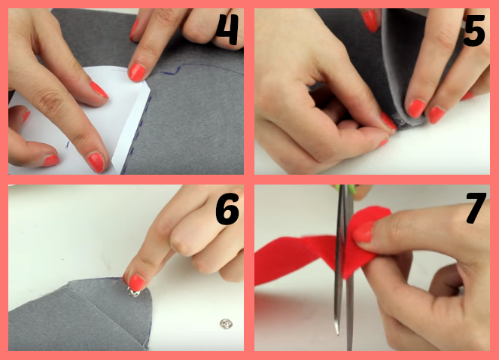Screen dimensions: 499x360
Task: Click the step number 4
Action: point(227,29)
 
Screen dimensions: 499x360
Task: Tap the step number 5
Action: point(474,31)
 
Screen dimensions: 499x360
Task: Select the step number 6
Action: point(227,209)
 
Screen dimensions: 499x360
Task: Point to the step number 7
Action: point(476,207)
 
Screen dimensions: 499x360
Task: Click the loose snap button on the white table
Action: point(226,324)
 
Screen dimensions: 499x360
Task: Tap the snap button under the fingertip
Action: point(134,291)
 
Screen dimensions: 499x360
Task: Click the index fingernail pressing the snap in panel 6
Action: point(136,282)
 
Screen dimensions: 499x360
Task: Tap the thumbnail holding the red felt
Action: point(363,232)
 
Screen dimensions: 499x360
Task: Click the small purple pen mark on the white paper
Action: point(67,145)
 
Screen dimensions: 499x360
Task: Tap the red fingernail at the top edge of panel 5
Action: point(370,20)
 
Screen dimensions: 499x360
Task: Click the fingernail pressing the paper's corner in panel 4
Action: point(137,72)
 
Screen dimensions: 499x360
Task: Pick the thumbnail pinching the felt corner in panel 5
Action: point(389,121)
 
